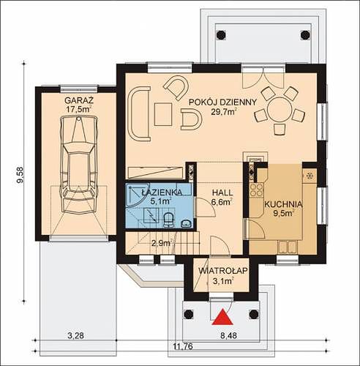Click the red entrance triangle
(222, 317)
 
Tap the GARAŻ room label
(79, 100)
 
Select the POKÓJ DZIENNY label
(223, 102)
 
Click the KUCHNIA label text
(283, 204)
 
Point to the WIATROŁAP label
(223, 271)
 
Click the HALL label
(222, 193)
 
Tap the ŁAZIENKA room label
(162, 193)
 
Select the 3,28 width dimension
(75, 335)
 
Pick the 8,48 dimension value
(228, 335)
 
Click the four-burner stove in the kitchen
(257, 190)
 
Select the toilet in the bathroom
(168, 219)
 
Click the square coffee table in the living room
(163, 114)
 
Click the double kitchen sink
(288, 247)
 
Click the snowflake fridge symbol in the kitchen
(310, 176)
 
